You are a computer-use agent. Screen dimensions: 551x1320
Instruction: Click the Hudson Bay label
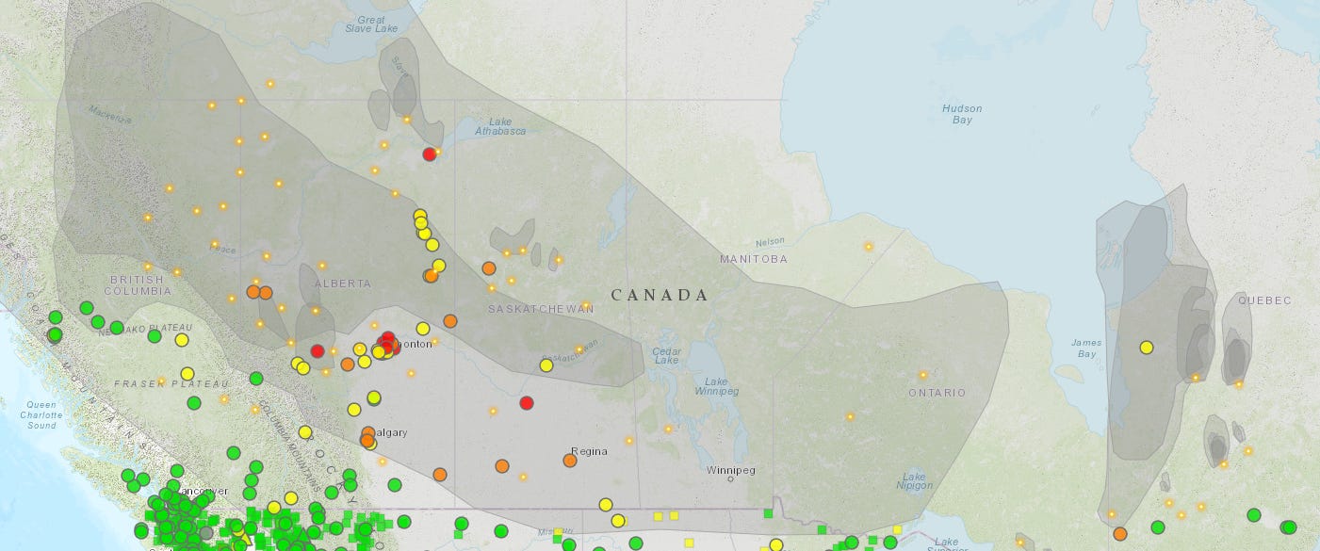tap(962, 114)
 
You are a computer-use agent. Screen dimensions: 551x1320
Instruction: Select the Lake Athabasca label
tap(500, 126)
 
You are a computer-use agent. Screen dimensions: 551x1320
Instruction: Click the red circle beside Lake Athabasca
tap(430, 154)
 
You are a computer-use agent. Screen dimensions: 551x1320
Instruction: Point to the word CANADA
tap(660, 295)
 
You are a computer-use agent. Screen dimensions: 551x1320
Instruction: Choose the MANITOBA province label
tap(753, 258)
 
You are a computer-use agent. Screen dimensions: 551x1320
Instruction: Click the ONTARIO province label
tap(937, 392)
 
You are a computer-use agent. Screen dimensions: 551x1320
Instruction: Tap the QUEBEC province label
tap(1263, 300)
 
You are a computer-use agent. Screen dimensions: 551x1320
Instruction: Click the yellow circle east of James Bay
tap(1147, 348)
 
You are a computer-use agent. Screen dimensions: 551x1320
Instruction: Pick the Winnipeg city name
tap(731, 470)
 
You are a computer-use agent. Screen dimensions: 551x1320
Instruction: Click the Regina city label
tap(589, 451)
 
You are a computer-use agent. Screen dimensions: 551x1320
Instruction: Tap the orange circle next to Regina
tap(570, 461)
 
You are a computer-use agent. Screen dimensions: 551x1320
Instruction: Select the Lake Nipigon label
tap(914, 480)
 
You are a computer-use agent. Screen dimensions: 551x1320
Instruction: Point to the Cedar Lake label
tap(666, 355)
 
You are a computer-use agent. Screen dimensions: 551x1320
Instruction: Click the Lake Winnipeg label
tap(716, 385)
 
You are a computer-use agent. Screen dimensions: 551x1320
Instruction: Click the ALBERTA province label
tap(342, 283)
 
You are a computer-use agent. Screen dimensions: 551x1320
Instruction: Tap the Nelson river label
tap(769, 241)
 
